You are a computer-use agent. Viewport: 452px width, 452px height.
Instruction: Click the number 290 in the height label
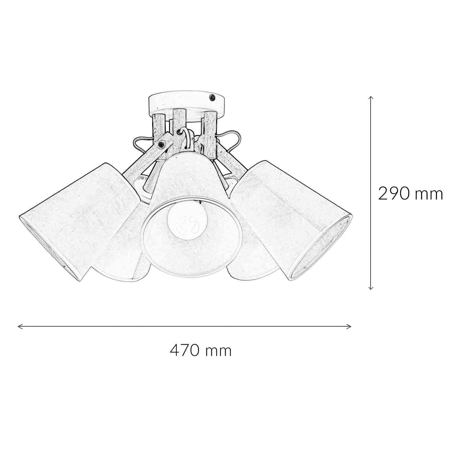(394, 194)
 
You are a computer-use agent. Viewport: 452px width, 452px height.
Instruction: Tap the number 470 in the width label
(184, 350)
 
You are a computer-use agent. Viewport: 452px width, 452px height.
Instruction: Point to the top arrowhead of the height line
(371, 98)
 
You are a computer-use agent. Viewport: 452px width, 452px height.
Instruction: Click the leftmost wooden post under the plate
(159, 127)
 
